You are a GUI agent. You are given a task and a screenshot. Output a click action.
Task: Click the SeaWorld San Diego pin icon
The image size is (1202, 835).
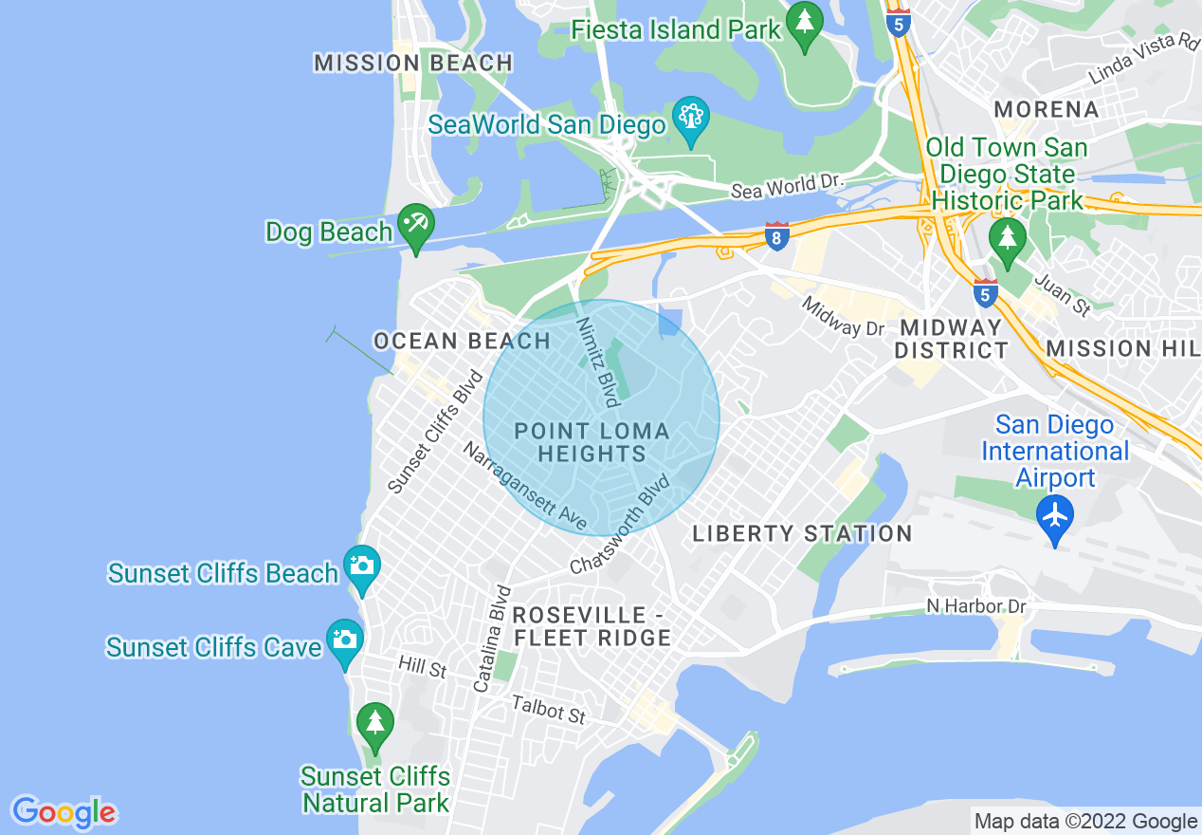pyautogui.click(x=690, y=119)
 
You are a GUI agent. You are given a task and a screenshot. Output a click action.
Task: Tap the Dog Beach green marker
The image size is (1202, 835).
pyautogui.click(x=415, y=225)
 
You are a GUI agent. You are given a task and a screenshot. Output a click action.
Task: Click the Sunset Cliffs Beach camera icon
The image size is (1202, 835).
pyautogui.click(x=361, y=566)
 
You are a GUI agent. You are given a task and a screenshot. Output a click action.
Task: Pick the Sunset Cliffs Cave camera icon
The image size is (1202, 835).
pyautogui.click(x=344, y=640)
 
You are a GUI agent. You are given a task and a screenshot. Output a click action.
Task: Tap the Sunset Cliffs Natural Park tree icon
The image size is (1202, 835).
pyautogui.click(x=374, y=724)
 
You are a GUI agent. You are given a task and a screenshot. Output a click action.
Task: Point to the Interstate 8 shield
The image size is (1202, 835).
pyautogui.click(x=776, y=237)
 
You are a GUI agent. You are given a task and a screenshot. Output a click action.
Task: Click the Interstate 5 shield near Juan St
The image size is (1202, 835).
pyautogui.click(x=985, y=292)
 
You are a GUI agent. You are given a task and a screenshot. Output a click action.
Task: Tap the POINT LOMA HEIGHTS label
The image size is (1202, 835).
pyautogui.click(x=592, y=443)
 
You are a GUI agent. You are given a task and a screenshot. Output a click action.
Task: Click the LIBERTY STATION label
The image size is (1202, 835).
pyautogui.click(x=802, y=534)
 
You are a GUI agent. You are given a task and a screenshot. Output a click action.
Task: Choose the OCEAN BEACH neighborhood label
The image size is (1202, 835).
pyautogui.click(x=462, y=341)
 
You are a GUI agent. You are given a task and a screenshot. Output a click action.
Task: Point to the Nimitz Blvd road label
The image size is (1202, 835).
pyautogui.click(x=598, y=362)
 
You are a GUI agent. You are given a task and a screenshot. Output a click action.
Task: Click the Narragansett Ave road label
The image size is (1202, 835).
pyautogui.click(x=524, y=485)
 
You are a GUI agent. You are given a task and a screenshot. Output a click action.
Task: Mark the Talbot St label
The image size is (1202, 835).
pyautogui.click(x=548, y=710)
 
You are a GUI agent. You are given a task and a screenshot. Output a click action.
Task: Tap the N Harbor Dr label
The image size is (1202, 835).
pyautogui.click(x=976, y=606)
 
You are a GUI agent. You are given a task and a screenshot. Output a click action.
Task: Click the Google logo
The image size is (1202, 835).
pyautogui.click(x=64, y=812)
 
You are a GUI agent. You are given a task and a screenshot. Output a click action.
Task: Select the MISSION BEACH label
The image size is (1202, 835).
pyautogui.click(x=413, y=64)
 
